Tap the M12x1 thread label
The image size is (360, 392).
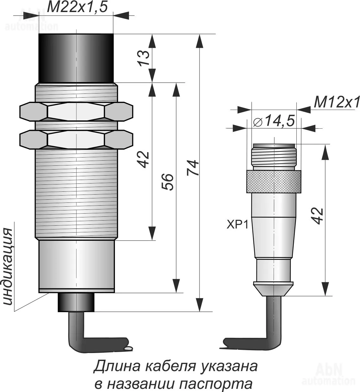(x=337, y=103)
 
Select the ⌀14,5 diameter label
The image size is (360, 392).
(x=274, y=120)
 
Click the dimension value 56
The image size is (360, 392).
(x=167, y=182)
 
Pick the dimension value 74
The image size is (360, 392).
(x=193, y=168)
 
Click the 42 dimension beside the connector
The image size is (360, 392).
(x=317, y=216)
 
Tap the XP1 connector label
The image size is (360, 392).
(x=237, y=225)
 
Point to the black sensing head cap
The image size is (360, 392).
(x=76, y=58)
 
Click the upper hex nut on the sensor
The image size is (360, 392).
(x=76, y=112)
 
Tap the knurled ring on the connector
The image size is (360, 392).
(x=274, y=182)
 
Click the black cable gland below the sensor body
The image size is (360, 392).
(x=76, y=302)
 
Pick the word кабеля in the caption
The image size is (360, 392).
(x=170, y=367)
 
